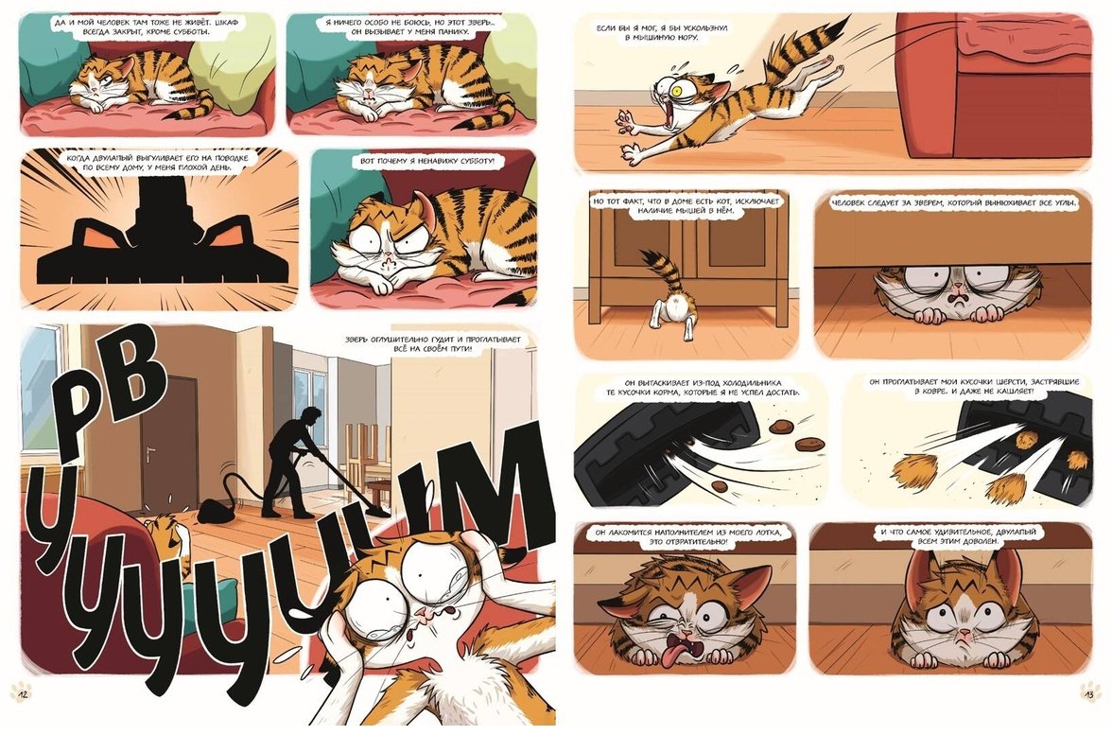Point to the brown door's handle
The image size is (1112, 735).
coord(151,451)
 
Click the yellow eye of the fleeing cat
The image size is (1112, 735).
coord(686,89)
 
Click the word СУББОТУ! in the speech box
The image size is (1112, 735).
coord(473,162)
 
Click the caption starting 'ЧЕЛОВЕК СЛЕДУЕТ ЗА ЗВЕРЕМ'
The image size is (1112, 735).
coord(954,202)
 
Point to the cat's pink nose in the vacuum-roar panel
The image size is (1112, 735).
coord(424,610)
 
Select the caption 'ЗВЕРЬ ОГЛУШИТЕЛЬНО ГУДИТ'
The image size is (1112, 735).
coord(433,344)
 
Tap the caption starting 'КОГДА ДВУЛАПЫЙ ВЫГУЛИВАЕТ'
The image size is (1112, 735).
coord(157,163)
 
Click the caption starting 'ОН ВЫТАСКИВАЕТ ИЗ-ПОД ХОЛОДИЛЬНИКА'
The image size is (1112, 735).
coord(703,387)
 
